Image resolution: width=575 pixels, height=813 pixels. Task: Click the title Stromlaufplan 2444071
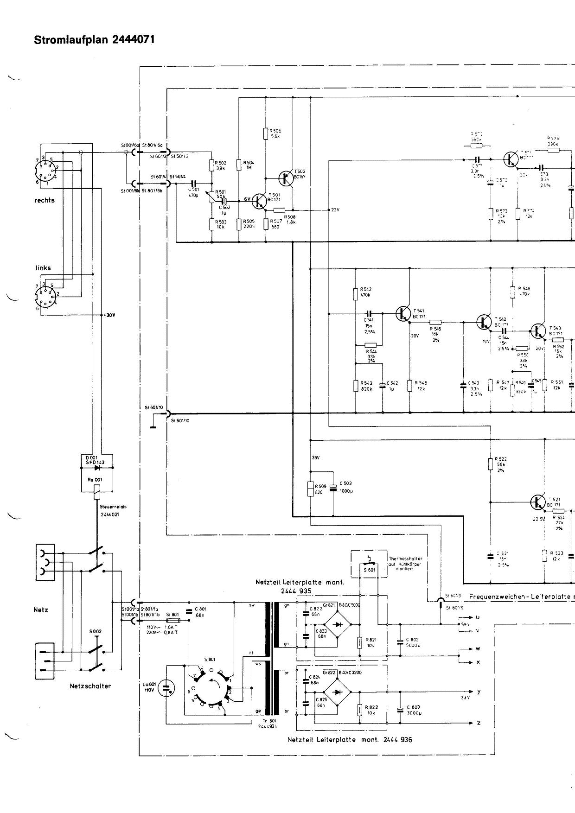[x=94, y=40]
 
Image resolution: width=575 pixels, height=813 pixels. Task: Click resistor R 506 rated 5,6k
[x=266, y=133]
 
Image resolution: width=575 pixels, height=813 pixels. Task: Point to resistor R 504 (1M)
[x=239, y=165]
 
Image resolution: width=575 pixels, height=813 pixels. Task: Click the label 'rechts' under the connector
[x=45, y=200]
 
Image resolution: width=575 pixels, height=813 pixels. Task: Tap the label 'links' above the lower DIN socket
[x=43, y=268]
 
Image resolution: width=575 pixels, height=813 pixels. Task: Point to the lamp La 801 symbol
[x=166, y=688]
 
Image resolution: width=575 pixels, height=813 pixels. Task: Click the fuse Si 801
[x=173, y=620]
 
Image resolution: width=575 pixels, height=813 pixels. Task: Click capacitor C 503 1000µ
[x=332, y=487]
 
